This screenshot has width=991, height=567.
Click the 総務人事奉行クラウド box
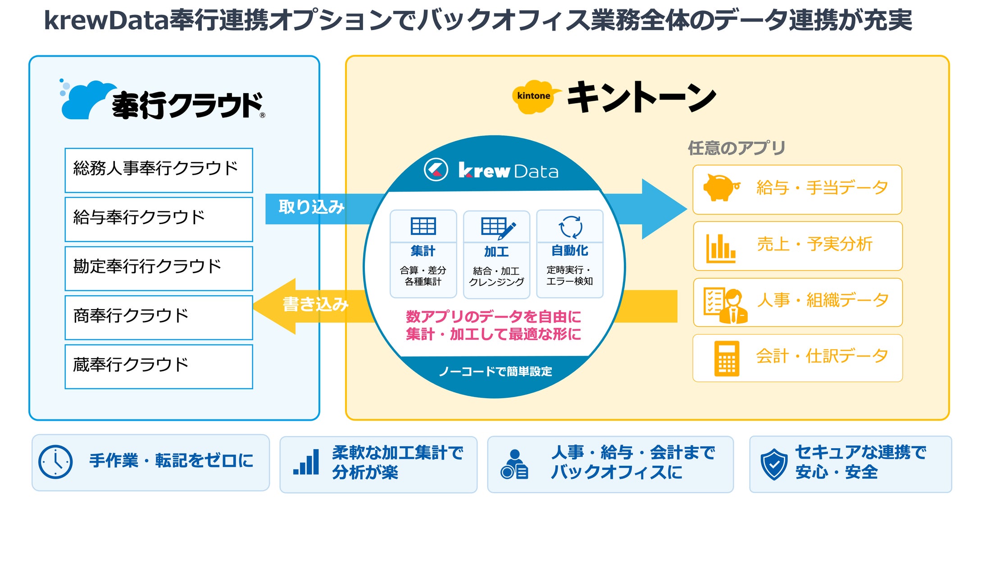click(x=159, y=170)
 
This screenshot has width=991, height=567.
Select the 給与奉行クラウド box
click(x=159, y=219)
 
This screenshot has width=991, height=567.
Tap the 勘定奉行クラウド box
click(x=159, y=268)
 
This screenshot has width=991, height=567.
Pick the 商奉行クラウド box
click(x=159, y=317)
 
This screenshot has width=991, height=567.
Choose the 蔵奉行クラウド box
click(x=159, y=366)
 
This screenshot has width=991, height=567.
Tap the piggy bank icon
click(x=722, y=187)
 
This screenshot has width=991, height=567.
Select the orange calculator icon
click(x=727, y=358)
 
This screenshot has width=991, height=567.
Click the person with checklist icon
click(x=725, y=306)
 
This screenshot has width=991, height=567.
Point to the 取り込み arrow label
click(x=312, y=207)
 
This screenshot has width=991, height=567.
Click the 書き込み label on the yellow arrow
click(x=316, y=304)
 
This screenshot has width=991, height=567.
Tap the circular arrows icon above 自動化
click(x=570, y=226)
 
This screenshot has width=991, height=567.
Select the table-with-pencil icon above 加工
click(x=498, y=228)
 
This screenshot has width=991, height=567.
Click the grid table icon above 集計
click(x=423, y=226)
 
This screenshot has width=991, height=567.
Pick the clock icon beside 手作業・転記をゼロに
click(x=55, y=462)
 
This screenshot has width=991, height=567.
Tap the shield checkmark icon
click(x=774, y=464)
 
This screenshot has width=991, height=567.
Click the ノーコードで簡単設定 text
click(x=495, y=371)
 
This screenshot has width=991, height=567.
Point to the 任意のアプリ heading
click(x=736, y=148)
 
